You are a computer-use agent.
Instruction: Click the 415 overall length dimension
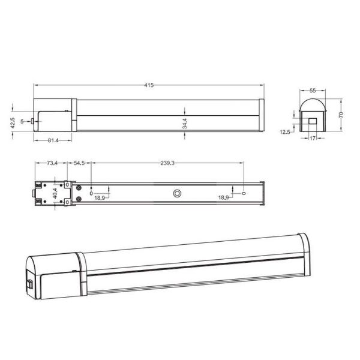pos(148,85)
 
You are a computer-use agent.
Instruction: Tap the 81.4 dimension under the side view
pos(52,140)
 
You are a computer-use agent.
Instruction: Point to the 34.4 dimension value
pos(185,123)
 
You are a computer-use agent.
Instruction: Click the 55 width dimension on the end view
pos(313,90)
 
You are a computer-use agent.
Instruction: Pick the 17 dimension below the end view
pos(313,139)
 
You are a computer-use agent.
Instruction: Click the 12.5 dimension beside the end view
pos(285,131)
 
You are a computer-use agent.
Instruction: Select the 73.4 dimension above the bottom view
pos(52,163)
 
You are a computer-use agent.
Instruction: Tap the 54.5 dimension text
pos(80,163)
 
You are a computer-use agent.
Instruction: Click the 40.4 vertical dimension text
pos(54,193)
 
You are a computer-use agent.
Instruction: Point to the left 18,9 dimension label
pos(100,197)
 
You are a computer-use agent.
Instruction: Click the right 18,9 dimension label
pos(224,197)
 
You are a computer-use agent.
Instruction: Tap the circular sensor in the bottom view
pos(177,193)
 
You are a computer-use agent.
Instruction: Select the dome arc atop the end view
pos(313,103)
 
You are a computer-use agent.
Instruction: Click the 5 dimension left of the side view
pos(22,121)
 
